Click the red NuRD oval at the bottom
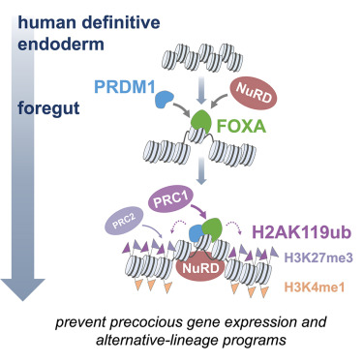point(212,263)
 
